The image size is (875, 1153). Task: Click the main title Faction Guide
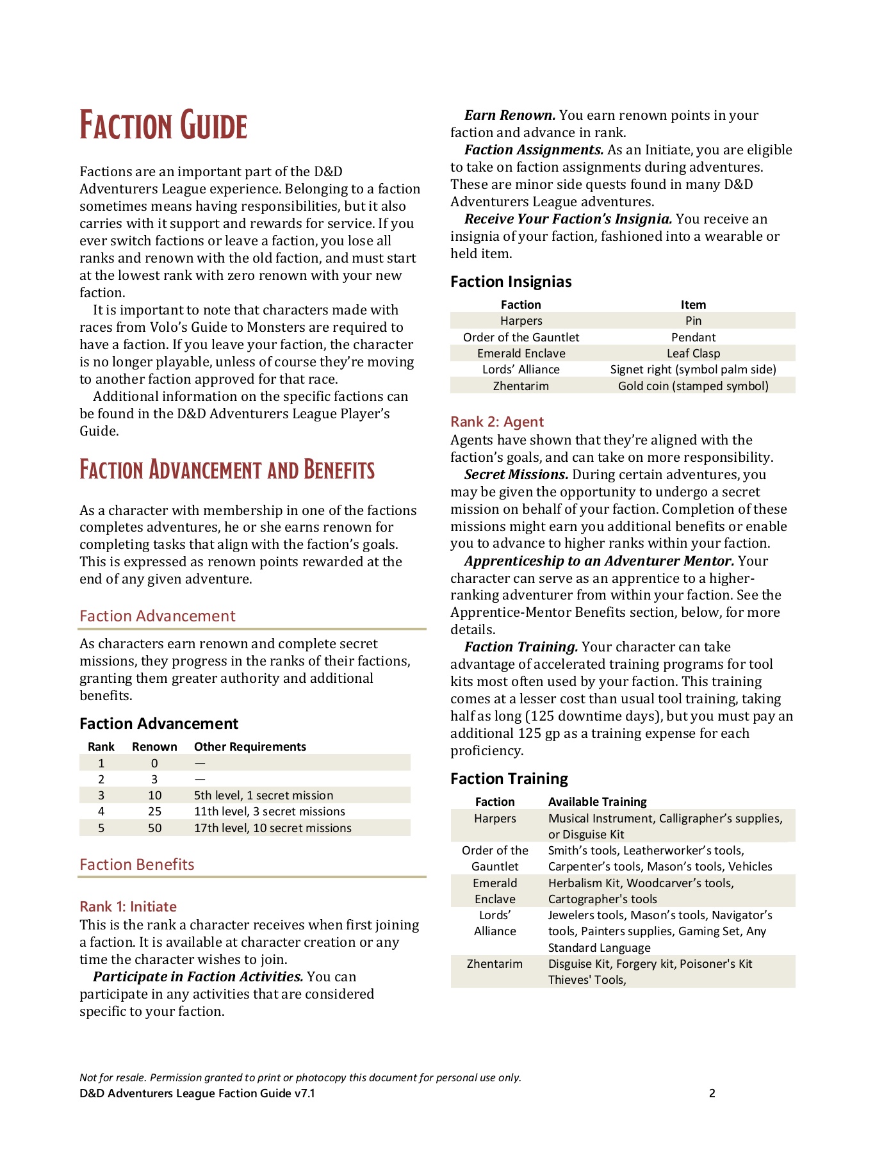click(163, 126)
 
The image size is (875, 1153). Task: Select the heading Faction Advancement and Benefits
click(227, 470)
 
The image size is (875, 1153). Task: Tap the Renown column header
click(154, 747)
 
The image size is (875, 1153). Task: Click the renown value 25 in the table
click(154, 812)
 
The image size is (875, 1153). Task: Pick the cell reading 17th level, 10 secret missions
click(272, 828)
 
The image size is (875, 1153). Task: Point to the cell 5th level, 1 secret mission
click(263, 796)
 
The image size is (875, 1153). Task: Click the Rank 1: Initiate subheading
click(128, 906)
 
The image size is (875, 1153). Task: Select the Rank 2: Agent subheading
click(497, 421)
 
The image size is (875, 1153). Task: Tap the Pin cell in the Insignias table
click(693, 321)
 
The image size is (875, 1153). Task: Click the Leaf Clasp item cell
click(693, 354)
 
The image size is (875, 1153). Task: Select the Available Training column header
click(597, 802)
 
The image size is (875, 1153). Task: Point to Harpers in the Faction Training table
click(495, 819)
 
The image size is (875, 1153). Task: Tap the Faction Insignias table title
click(511, 282)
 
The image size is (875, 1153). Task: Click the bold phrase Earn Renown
click(510, 115)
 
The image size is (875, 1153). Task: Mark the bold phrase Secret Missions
click(516, 475)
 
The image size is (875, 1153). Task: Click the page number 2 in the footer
click(712, 1093)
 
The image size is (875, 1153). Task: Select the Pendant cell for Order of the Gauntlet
click(693, 338)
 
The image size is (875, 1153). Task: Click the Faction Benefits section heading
click(136, 865)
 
